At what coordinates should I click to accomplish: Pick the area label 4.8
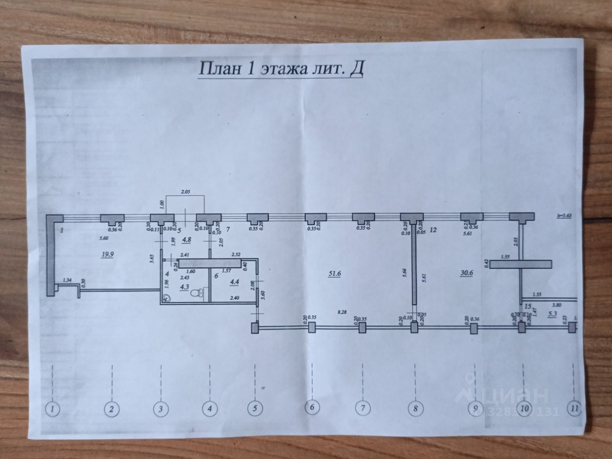187,240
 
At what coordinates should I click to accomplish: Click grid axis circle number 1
52,409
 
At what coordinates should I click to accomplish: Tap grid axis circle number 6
312,408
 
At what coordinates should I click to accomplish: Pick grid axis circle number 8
415,408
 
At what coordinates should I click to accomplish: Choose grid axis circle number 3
161,409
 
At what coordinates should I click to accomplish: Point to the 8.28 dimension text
342,312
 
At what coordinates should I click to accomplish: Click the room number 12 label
434,230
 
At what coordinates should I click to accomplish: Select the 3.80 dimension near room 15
557,304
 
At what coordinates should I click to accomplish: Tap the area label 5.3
553,314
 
